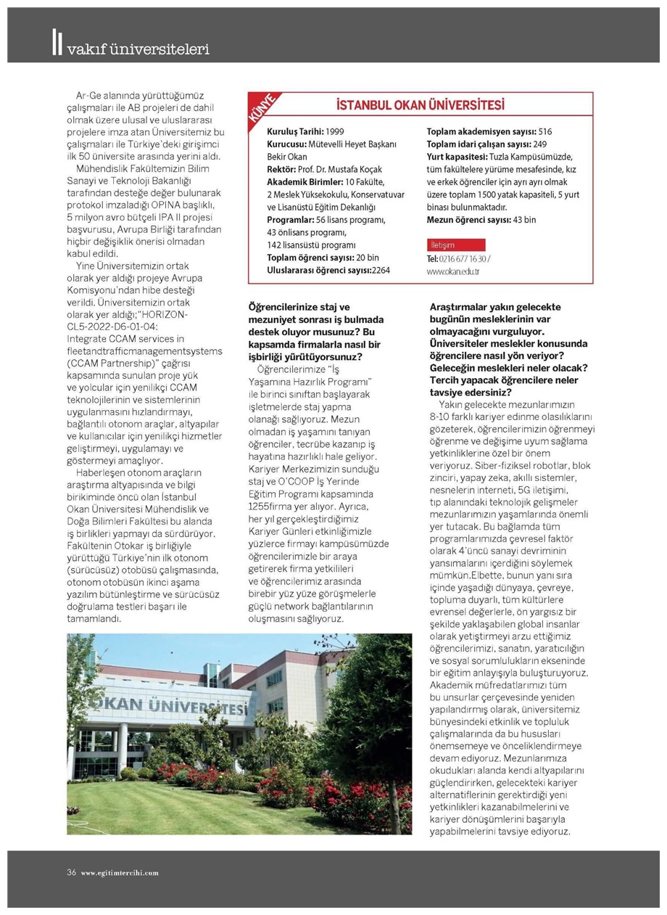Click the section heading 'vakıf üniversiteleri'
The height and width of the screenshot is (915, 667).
point(137,49)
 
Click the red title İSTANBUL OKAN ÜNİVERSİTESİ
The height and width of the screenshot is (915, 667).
point(420,106)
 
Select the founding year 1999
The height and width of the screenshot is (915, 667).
point(335,132)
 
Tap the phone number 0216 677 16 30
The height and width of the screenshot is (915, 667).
point(463,258)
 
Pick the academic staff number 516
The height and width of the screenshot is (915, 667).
point(545,132)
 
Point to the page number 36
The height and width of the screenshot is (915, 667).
point(72,871)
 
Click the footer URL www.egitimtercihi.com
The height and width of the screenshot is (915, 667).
point(120,872)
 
